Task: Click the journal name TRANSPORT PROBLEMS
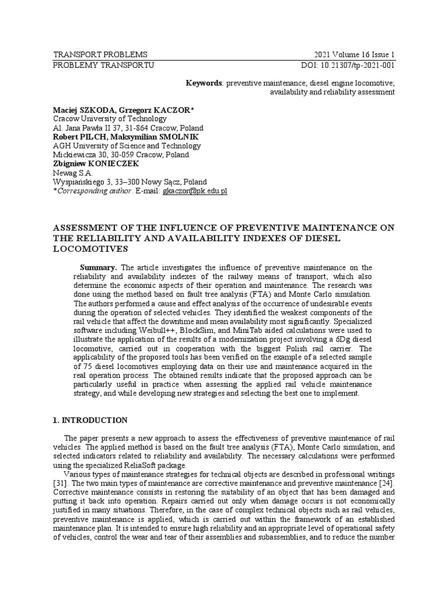coord(100,54)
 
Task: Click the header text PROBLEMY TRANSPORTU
coord(103,64)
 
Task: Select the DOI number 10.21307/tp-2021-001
coord(360,64)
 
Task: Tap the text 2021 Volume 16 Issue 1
coord(354,54)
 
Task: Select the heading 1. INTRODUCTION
coord(90,420)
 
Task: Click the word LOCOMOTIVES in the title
coord(90,248)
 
